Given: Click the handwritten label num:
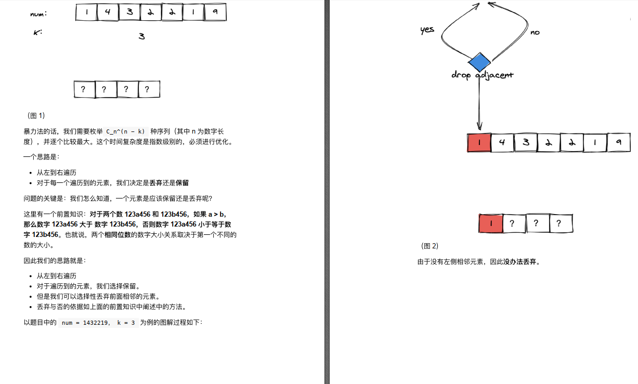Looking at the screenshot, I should coord(38,14).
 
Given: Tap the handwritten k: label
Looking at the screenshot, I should coord(37,32).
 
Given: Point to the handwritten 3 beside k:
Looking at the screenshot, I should coord(141,36).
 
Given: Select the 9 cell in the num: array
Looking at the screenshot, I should coord(215,12).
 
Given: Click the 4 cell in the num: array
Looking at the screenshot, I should coord(108,12).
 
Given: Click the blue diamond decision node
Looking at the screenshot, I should coord(479,62).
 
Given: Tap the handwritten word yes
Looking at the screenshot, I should coord(427,30).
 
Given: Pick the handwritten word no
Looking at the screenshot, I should coord(535,32).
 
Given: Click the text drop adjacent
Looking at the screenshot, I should coord(482,75).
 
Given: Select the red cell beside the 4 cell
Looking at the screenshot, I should coord(479,142).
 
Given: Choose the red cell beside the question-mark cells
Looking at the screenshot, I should coord(490,223).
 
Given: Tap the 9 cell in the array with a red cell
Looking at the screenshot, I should coord(618,142).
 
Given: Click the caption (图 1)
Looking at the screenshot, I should coord(36,115).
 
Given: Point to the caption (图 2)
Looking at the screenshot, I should coord(429,246).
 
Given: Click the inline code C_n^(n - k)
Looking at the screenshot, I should coord(125,131).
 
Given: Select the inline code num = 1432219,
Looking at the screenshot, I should coord(85,323).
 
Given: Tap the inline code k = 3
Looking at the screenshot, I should coord(126,323).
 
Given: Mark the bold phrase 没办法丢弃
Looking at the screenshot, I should coord(520,262).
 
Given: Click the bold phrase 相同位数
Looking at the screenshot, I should coord(118,235).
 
